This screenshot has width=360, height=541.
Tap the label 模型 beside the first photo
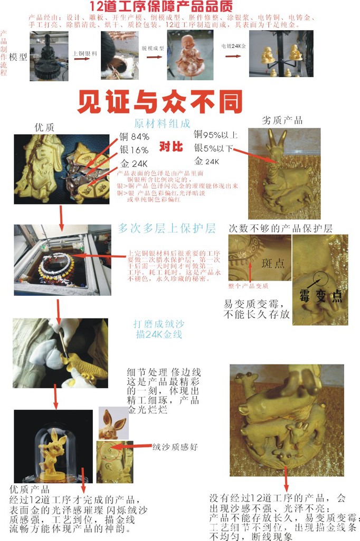19,57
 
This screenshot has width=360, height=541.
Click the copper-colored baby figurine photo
190,55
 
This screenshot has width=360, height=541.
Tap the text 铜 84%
134,137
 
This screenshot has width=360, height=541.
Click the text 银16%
134,150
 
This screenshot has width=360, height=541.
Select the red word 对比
173,146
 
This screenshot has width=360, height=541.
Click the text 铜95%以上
215,134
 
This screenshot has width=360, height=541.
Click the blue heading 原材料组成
162,124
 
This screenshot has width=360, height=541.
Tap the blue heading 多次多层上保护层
166,228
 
